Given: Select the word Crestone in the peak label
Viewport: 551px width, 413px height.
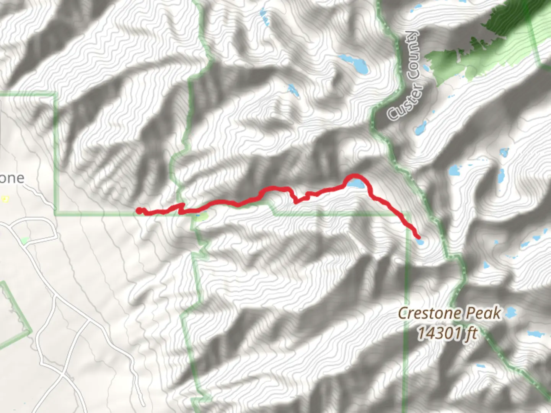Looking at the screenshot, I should click(428, 314).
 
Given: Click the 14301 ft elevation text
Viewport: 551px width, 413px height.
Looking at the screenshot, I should click(447, 333).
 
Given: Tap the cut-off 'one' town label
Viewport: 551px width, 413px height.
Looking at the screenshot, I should click(12, 178).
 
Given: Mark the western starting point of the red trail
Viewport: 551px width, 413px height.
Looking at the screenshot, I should click(139, 210).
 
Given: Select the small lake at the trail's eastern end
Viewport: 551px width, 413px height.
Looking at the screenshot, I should click(420, 242).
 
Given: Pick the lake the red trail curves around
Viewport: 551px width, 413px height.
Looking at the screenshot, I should click(356, 184).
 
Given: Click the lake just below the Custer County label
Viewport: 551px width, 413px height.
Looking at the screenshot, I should click(420, 128).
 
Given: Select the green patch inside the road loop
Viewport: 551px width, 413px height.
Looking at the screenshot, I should click(25, 241).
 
